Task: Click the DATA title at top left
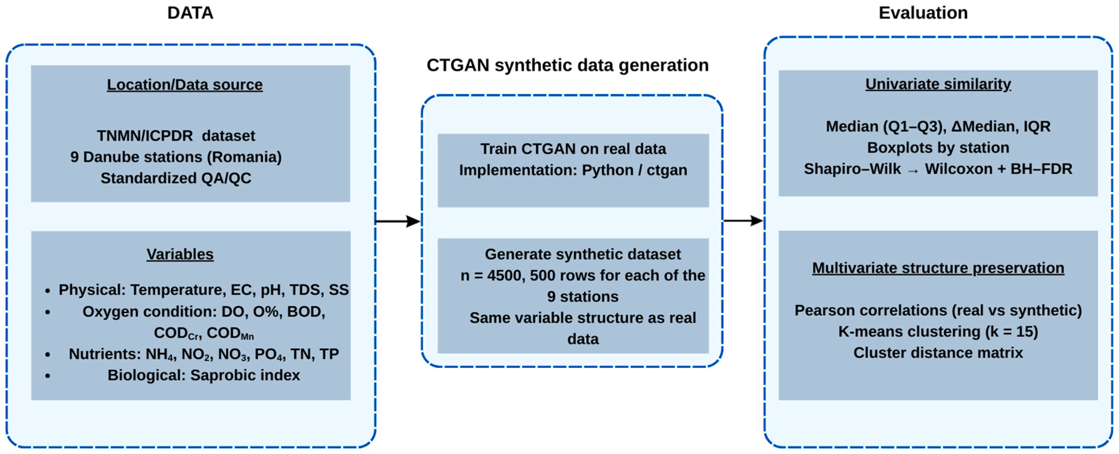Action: (190, 13)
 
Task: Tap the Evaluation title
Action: (923, 13)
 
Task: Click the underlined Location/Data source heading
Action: (185, 85)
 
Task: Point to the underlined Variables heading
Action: (180, 254)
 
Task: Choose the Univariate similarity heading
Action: (938, 84)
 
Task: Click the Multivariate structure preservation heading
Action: (938, 268)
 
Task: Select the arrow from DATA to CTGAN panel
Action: (398, 221)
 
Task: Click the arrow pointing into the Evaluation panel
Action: (743, 221)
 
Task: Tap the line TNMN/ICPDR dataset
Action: (176, 136)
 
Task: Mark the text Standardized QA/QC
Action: (176, 178)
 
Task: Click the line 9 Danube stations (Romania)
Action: (176, 157)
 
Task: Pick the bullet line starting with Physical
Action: (203, 290)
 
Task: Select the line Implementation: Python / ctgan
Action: (573, 170)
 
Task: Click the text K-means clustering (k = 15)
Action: (938, 332)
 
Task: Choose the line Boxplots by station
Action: (938, 148)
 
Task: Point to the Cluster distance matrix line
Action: (938, 353)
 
